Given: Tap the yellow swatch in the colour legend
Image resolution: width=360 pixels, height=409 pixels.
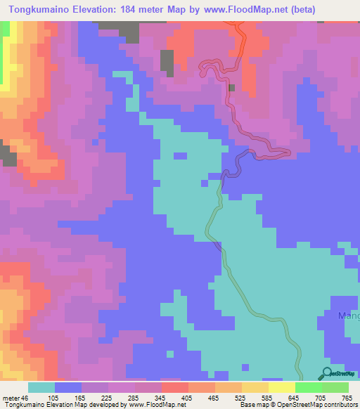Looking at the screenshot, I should [281, 387].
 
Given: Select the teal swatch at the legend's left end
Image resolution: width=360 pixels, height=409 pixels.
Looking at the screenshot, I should [41, 387].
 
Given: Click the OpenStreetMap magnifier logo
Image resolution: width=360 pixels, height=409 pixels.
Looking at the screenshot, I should [327, 374].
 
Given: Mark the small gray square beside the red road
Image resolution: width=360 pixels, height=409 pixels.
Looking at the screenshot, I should [231, 87].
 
